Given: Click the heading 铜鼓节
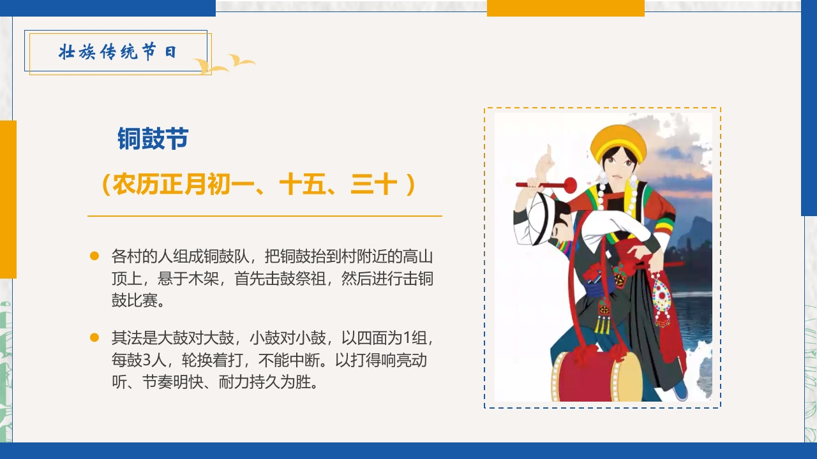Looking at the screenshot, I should (153, 138).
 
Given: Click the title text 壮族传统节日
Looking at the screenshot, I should (117, 52).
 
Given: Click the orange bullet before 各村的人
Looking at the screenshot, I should (94, 256).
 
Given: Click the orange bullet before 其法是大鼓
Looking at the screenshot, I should (94, 337).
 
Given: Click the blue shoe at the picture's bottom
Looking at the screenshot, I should (680, 390).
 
